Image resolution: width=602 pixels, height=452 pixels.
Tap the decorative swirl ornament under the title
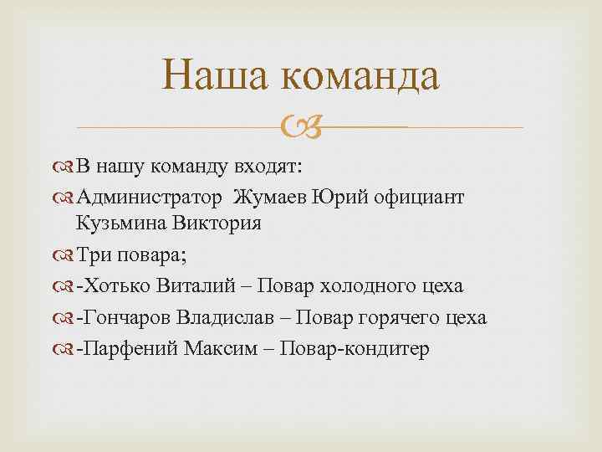(x=300, y=128)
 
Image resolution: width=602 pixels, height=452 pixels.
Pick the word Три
(x=91, y=254)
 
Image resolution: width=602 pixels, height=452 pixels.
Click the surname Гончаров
(x=123, y=318)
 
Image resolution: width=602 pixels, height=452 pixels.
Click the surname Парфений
(x=123, y=349)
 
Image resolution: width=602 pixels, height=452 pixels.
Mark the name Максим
(x=212, y=349)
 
